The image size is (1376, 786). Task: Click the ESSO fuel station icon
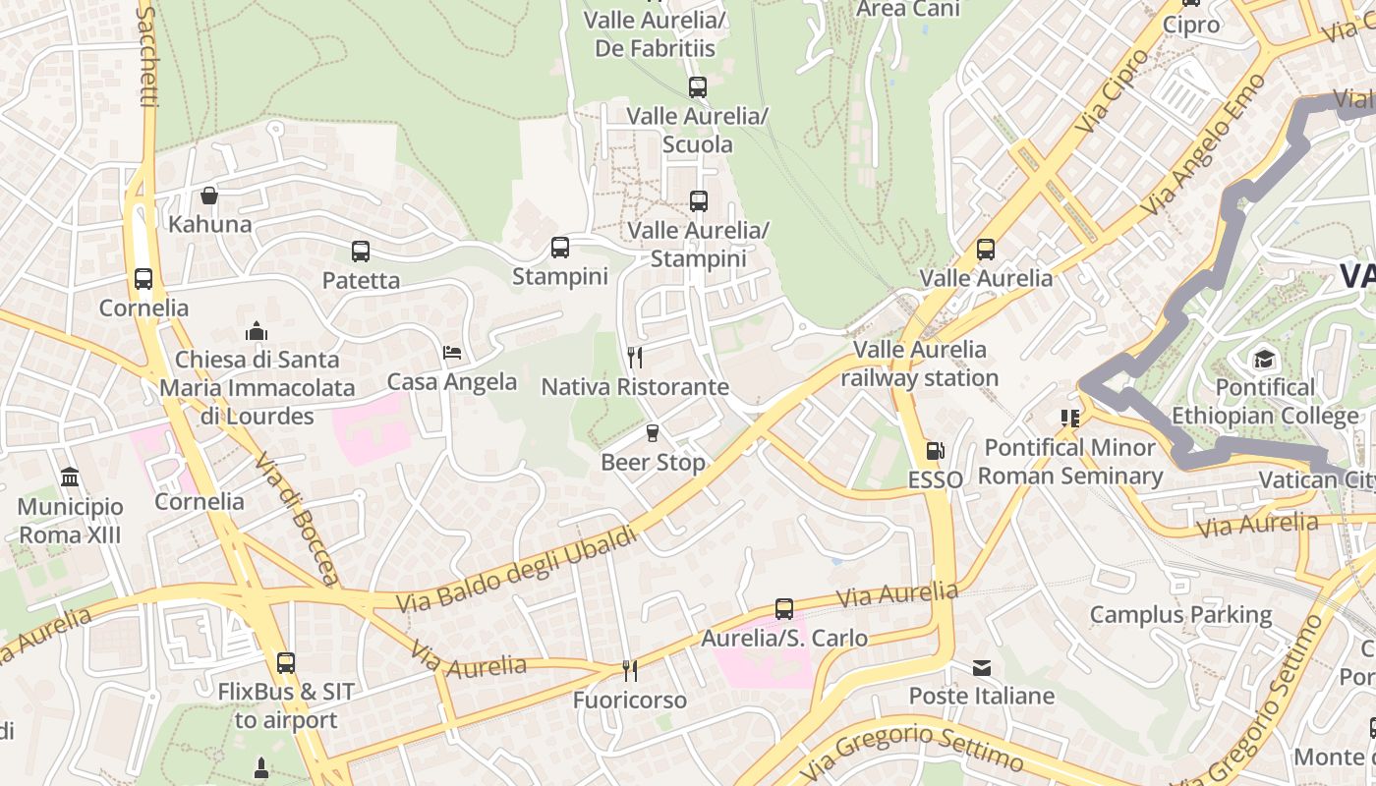pos(935,451)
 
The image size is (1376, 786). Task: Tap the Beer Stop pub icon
pos(652,433)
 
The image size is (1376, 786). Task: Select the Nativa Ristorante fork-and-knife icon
pos(635,358)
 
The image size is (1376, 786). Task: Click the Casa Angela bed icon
pos(452,353)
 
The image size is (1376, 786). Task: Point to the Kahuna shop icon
pos(209,196)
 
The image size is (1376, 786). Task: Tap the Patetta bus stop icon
pos(361,252)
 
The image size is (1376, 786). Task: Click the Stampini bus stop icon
pos(560,248)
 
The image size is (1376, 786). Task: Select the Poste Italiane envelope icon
pos(981,668)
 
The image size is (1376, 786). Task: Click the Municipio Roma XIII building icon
pos(70,477)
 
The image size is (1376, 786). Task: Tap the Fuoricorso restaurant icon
pos(630,671)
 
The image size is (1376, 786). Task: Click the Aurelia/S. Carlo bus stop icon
pos(783,609)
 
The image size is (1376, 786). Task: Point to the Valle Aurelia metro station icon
pos(986,250)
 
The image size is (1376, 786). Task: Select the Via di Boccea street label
pos(297,517)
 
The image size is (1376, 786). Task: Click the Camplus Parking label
pos(1180,615)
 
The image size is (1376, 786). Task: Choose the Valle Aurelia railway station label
pos(920,364)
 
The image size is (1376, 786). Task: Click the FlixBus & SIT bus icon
pos(285,663)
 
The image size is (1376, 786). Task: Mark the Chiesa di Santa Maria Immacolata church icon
pos(257,330)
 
